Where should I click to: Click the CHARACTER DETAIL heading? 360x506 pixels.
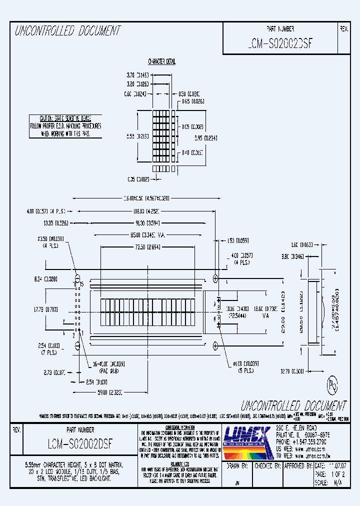(x=161, y=61)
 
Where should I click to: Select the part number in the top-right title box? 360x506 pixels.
(x=280, y=43)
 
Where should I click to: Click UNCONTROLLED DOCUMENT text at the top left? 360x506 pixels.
(x=67, y=31)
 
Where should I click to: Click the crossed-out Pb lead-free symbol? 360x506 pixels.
(x=332, y=384)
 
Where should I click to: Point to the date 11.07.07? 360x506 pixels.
(x=335, y=466)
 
